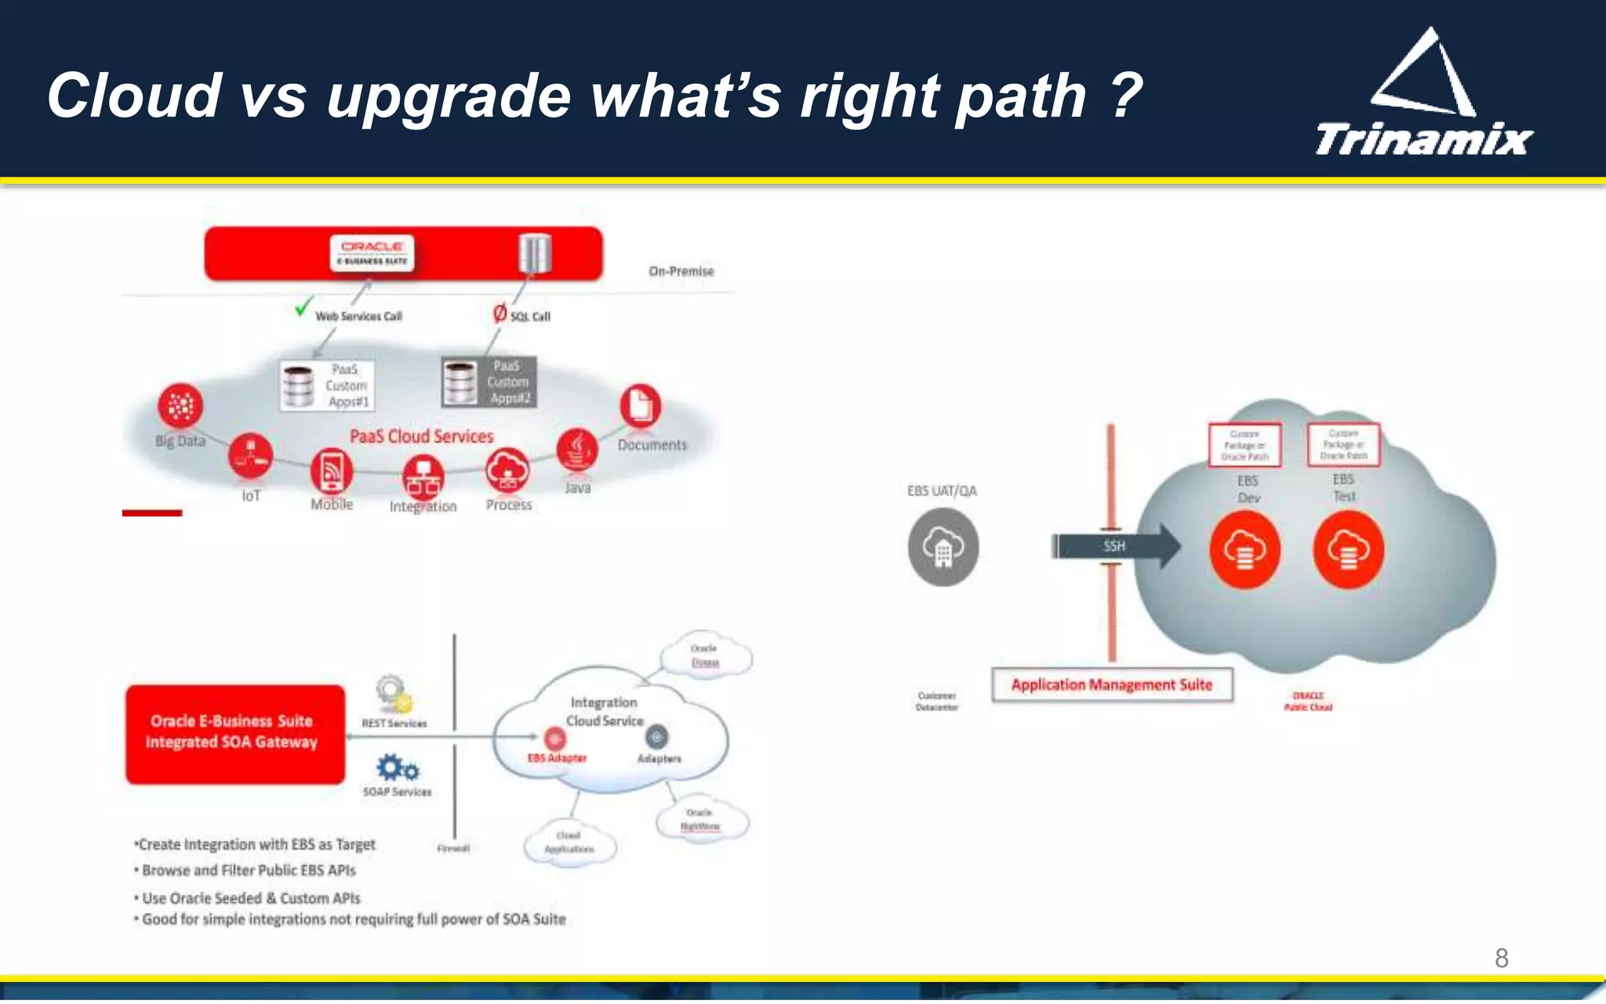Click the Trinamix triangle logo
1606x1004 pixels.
point(1423,75)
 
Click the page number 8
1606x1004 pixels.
point(1501,958)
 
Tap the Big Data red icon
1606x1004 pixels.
point(180,406)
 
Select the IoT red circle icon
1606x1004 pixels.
point(251,456)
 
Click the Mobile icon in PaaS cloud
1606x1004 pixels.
point(332,470)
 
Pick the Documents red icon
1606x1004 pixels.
point(640,406)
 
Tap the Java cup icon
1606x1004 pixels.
point(577,449)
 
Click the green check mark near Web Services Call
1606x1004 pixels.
point(303,307)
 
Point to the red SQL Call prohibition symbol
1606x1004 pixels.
point(500,314)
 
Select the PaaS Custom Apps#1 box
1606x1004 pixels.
point(327,385)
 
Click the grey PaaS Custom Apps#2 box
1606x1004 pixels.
point(489,382)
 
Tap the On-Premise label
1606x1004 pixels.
point(681,271)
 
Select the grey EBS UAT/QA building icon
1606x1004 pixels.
point(943,547)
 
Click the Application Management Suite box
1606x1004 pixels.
point(1111,685)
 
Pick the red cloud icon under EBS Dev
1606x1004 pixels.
point(1244,550)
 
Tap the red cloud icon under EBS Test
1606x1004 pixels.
point(1348,550)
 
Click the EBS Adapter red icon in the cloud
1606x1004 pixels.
point(554,738)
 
